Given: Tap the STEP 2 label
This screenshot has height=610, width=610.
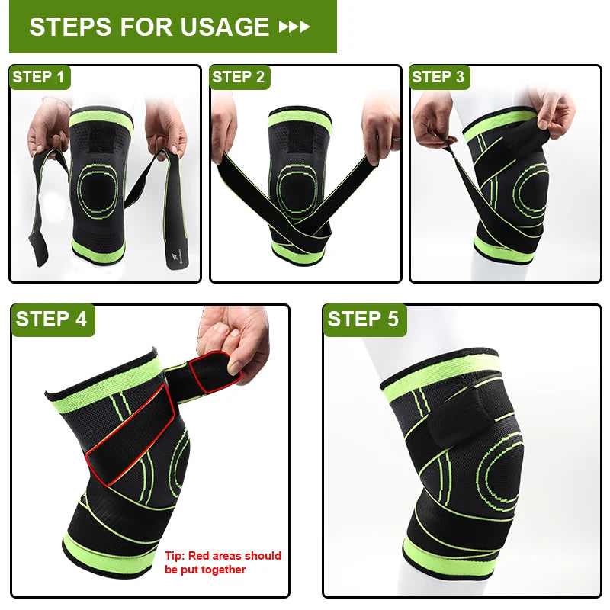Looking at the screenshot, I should pyautogui.click(x=239, y=77).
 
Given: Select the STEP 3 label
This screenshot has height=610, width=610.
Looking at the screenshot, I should pyautogui.click(x=438, y=77).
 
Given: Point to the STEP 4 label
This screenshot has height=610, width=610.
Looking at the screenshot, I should pyautogui.click(x=51, y=319).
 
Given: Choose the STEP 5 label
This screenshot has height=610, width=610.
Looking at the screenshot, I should pyautogui.click(x=364, y=319).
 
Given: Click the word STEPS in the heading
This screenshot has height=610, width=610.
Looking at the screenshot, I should pyautogui.click(x=69, y=27).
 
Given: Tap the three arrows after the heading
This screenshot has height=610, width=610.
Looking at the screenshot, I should pyautogui.click(x=295, y=27).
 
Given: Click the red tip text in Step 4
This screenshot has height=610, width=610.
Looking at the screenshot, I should pyautogui.click(x=223, y=562).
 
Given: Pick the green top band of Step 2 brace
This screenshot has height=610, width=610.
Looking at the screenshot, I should pyautogui.click(x=299, y=119).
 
